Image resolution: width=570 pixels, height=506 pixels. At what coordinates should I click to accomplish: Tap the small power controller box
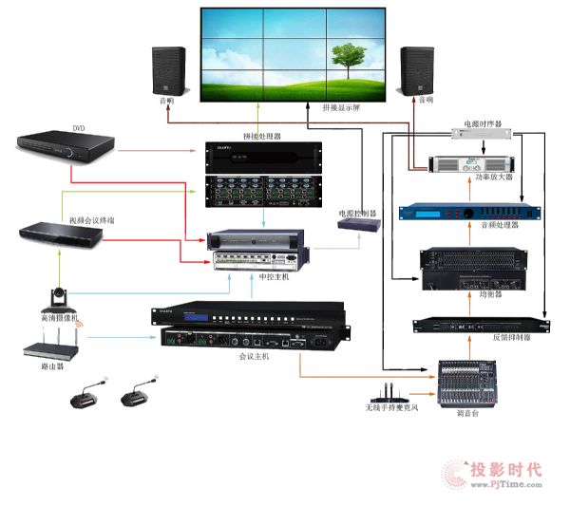[360, 224]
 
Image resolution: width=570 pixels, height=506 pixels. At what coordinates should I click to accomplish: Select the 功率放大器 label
[492, 178]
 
